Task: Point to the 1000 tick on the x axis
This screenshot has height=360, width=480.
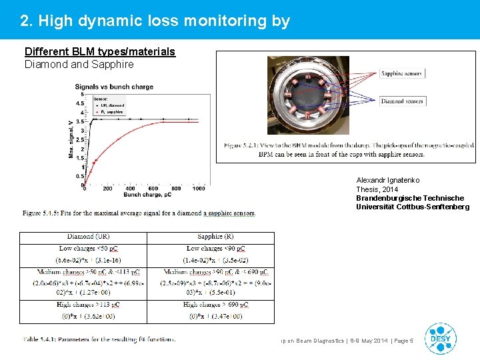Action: click(199, 189)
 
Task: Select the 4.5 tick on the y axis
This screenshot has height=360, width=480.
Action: click(79, 103)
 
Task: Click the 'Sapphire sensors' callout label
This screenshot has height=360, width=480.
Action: click(402, 73)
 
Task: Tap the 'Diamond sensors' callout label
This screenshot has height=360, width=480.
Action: click(402, 101)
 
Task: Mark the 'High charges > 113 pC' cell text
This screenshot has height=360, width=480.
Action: click(84, 305)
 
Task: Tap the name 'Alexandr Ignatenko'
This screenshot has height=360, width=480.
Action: click(388, 181)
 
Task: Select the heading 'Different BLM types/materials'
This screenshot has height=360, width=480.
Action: click(100, 52)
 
